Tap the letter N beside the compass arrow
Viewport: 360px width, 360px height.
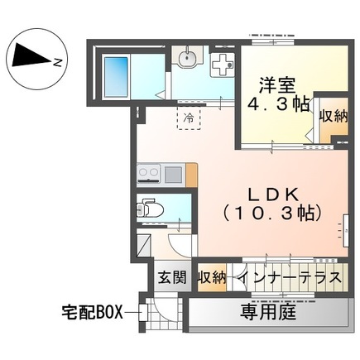coord(55,61)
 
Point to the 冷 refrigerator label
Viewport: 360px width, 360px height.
coord(189,118)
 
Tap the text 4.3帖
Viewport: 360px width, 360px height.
coord(277,106)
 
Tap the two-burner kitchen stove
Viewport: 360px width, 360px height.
coord(148,174)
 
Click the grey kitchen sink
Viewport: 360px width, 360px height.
coord(173,174)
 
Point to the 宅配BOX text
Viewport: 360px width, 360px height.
coord(93,312)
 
